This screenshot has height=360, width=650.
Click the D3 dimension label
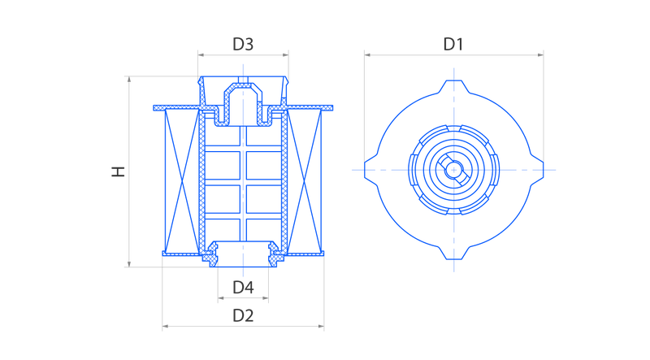tap(243, 44)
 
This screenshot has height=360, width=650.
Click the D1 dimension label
tap(453, 44)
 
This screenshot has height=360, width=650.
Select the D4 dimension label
tap(243, 287)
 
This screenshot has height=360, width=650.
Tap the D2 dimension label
tap(243, 315)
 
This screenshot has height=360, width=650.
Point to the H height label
tap(118, 171)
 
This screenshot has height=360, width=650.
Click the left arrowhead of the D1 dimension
tap(367, 54)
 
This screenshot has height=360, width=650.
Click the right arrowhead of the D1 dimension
tap(540, 54)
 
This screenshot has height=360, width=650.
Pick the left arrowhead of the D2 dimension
tap(165, 327)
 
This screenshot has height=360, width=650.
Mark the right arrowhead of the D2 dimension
tap(321, 327)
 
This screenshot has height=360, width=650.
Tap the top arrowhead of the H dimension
tap(129, 79)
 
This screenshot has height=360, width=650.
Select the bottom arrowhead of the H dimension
tap(129, 264)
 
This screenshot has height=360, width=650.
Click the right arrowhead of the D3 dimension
tap(286, 54)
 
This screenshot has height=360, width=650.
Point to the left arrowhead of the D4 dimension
tap(221, 297)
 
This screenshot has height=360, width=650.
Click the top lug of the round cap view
tap(454, 86)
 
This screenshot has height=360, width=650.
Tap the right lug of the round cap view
tap(537, 170)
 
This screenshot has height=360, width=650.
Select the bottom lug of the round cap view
tap(454, 254)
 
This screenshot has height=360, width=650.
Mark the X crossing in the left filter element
tap(182, 181)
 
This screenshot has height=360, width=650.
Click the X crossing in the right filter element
tap(304, 181)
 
